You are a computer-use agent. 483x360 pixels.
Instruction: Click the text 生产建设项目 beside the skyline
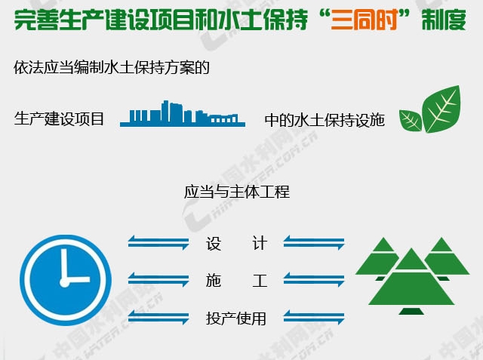click(x=59, y=119)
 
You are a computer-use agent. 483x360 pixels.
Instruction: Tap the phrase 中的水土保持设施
click(x=325, y=120)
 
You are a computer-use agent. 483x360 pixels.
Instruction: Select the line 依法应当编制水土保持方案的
click(x=111, y=68)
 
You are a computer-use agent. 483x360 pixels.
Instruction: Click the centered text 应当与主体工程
click(x=236, y=192)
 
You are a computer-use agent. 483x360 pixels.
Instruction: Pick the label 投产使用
click(x=236, y=318)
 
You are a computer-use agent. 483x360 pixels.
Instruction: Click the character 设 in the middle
click(x=213, y=244)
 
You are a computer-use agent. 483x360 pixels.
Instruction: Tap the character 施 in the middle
click(x=213, y=282)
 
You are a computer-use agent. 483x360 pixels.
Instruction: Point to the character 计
click(x=259, y=244)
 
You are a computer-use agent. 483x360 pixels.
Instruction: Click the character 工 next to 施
click(x=259, y=282)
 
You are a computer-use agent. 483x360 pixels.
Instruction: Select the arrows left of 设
click(x=158, y=242)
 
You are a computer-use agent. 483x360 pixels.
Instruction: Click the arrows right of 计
click(x=313, y=242)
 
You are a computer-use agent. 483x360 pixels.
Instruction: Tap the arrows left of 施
click(x=158, y=280)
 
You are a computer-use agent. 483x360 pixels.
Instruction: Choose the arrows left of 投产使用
click(x=158, y=318)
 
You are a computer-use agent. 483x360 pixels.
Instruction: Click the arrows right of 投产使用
click(x=313, y=318)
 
